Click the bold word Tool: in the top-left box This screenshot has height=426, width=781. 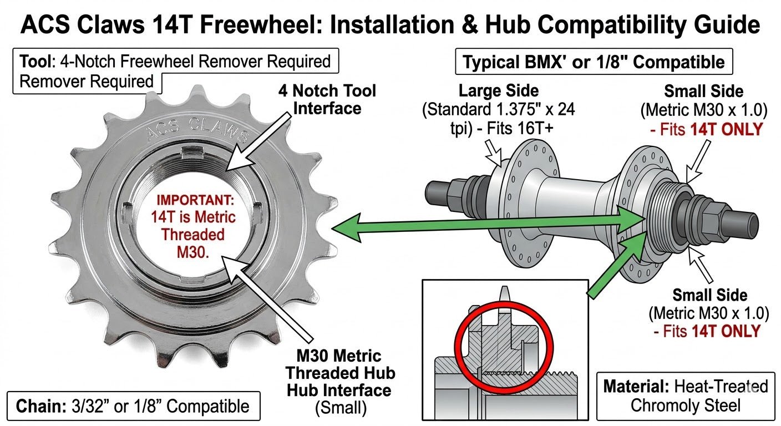[x=39, y=61]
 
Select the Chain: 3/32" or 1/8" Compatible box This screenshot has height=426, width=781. [x=134, y=406]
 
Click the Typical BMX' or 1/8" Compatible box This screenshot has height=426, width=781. [x=594, y=62]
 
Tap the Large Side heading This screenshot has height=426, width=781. [x=499, y=90]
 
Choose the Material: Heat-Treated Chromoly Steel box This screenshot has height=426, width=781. [x=686, y=395]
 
